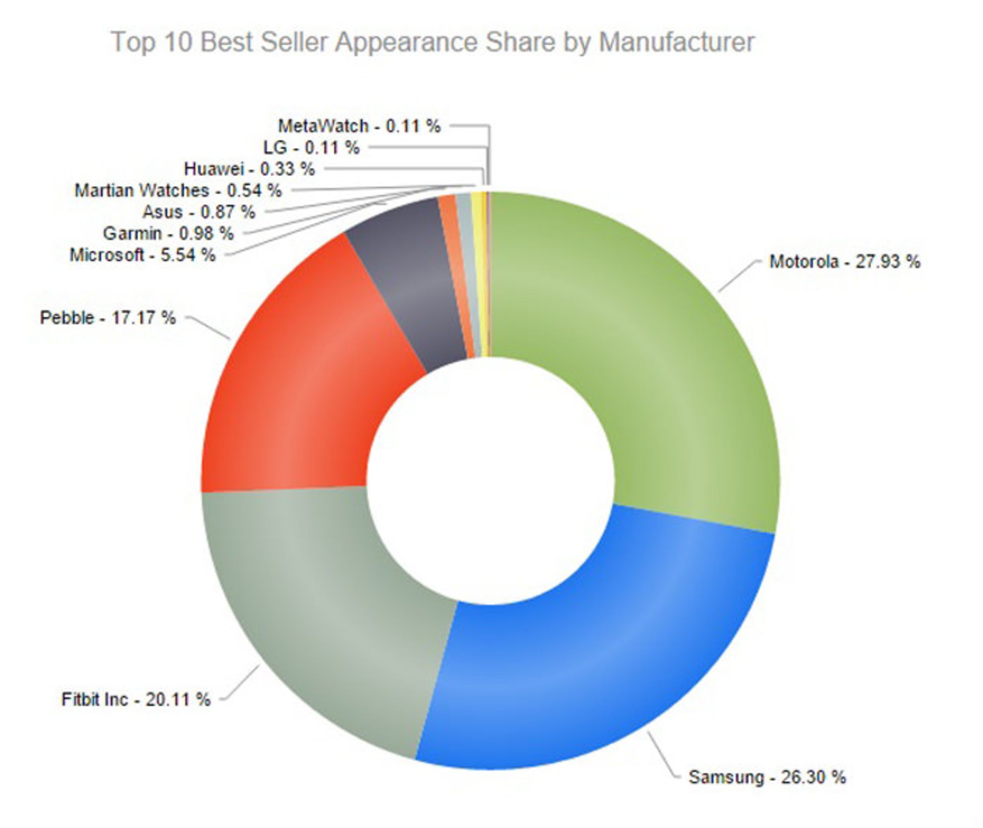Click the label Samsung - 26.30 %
tap(767, 777)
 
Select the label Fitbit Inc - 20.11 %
tap(136, 699)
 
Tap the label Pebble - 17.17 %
tap(108, 318)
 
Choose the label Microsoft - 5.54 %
tap(142, 255)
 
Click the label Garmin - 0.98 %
tap(168, 233)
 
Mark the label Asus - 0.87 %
tap(199, 212)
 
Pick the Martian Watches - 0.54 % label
tap(178, 190)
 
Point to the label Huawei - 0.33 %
tap(249, 169)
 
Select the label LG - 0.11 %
tap(311, 147)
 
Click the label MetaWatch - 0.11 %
tap(359, 126)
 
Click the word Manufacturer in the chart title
tap(676, 42)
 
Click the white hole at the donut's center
tap(490, 481)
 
